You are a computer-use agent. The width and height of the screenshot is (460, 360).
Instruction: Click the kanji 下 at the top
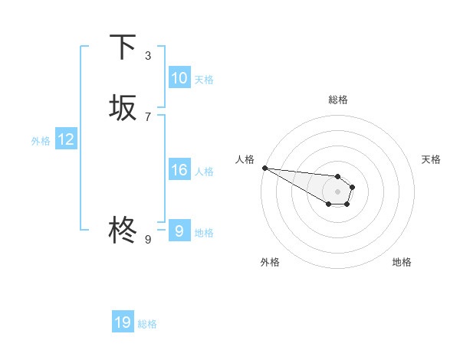pyautogui.click(x=123, y=47)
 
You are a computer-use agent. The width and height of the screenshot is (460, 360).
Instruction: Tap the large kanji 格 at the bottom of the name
pyautogui.click(x=123, y=229)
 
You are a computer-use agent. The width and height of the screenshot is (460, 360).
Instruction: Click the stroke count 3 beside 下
pyautogui.click(x=148, y=56)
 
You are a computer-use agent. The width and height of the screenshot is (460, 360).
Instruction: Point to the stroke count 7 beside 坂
pyautogui.click(x=148, y=116)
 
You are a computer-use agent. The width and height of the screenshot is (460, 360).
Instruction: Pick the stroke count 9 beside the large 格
pyautogui.click(x=148, y=239)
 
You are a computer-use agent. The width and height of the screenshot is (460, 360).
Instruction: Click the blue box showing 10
pyautogui.click(x=179, y=78)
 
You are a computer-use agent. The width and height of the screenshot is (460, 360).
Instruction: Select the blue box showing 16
pyautogui.click(x=179, y=170)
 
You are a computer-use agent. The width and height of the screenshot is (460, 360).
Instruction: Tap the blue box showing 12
pyautogui.click(x=66, y=139)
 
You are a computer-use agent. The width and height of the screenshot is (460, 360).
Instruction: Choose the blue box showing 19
pyautogui.click(x=123, y=322)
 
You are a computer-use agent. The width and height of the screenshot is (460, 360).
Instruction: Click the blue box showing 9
pyautogui.click(x=179, y=231)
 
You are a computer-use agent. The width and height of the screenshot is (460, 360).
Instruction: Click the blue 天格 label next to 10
pyautogui.click(x=204, y=79)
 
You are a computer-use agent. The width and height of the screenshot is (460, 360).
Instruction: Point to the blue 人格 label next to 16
pyautogui.click(x=204, y=171)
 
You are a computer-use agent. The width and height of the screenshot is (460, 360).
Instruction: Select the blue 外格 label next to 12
pyautogui.click(x=40, y=140)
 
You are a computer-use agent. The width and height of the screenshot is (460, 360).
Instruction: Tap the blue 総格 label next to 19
pyautogui.click(x=147, y=323)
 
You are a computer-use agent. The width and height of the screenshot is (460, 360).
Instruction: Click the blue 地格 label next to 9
pyautogui.click(x=204, y=232)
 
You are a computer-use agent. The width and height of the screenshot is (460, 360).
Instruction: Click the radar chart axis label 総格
pyautogui.click(x=337, y=100)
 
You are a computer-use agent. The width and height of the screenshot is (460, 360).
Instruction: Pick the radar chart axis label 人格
pyautogui.click(x=245, y=159)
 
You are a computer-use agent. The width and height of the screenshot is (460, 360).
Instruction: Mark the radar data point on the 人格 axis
pyautogui.click(x=264, y=168)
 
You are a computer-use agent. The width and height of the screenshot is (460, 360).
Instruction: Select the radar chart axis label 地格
pyautogui.click(x=402, y=262)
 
